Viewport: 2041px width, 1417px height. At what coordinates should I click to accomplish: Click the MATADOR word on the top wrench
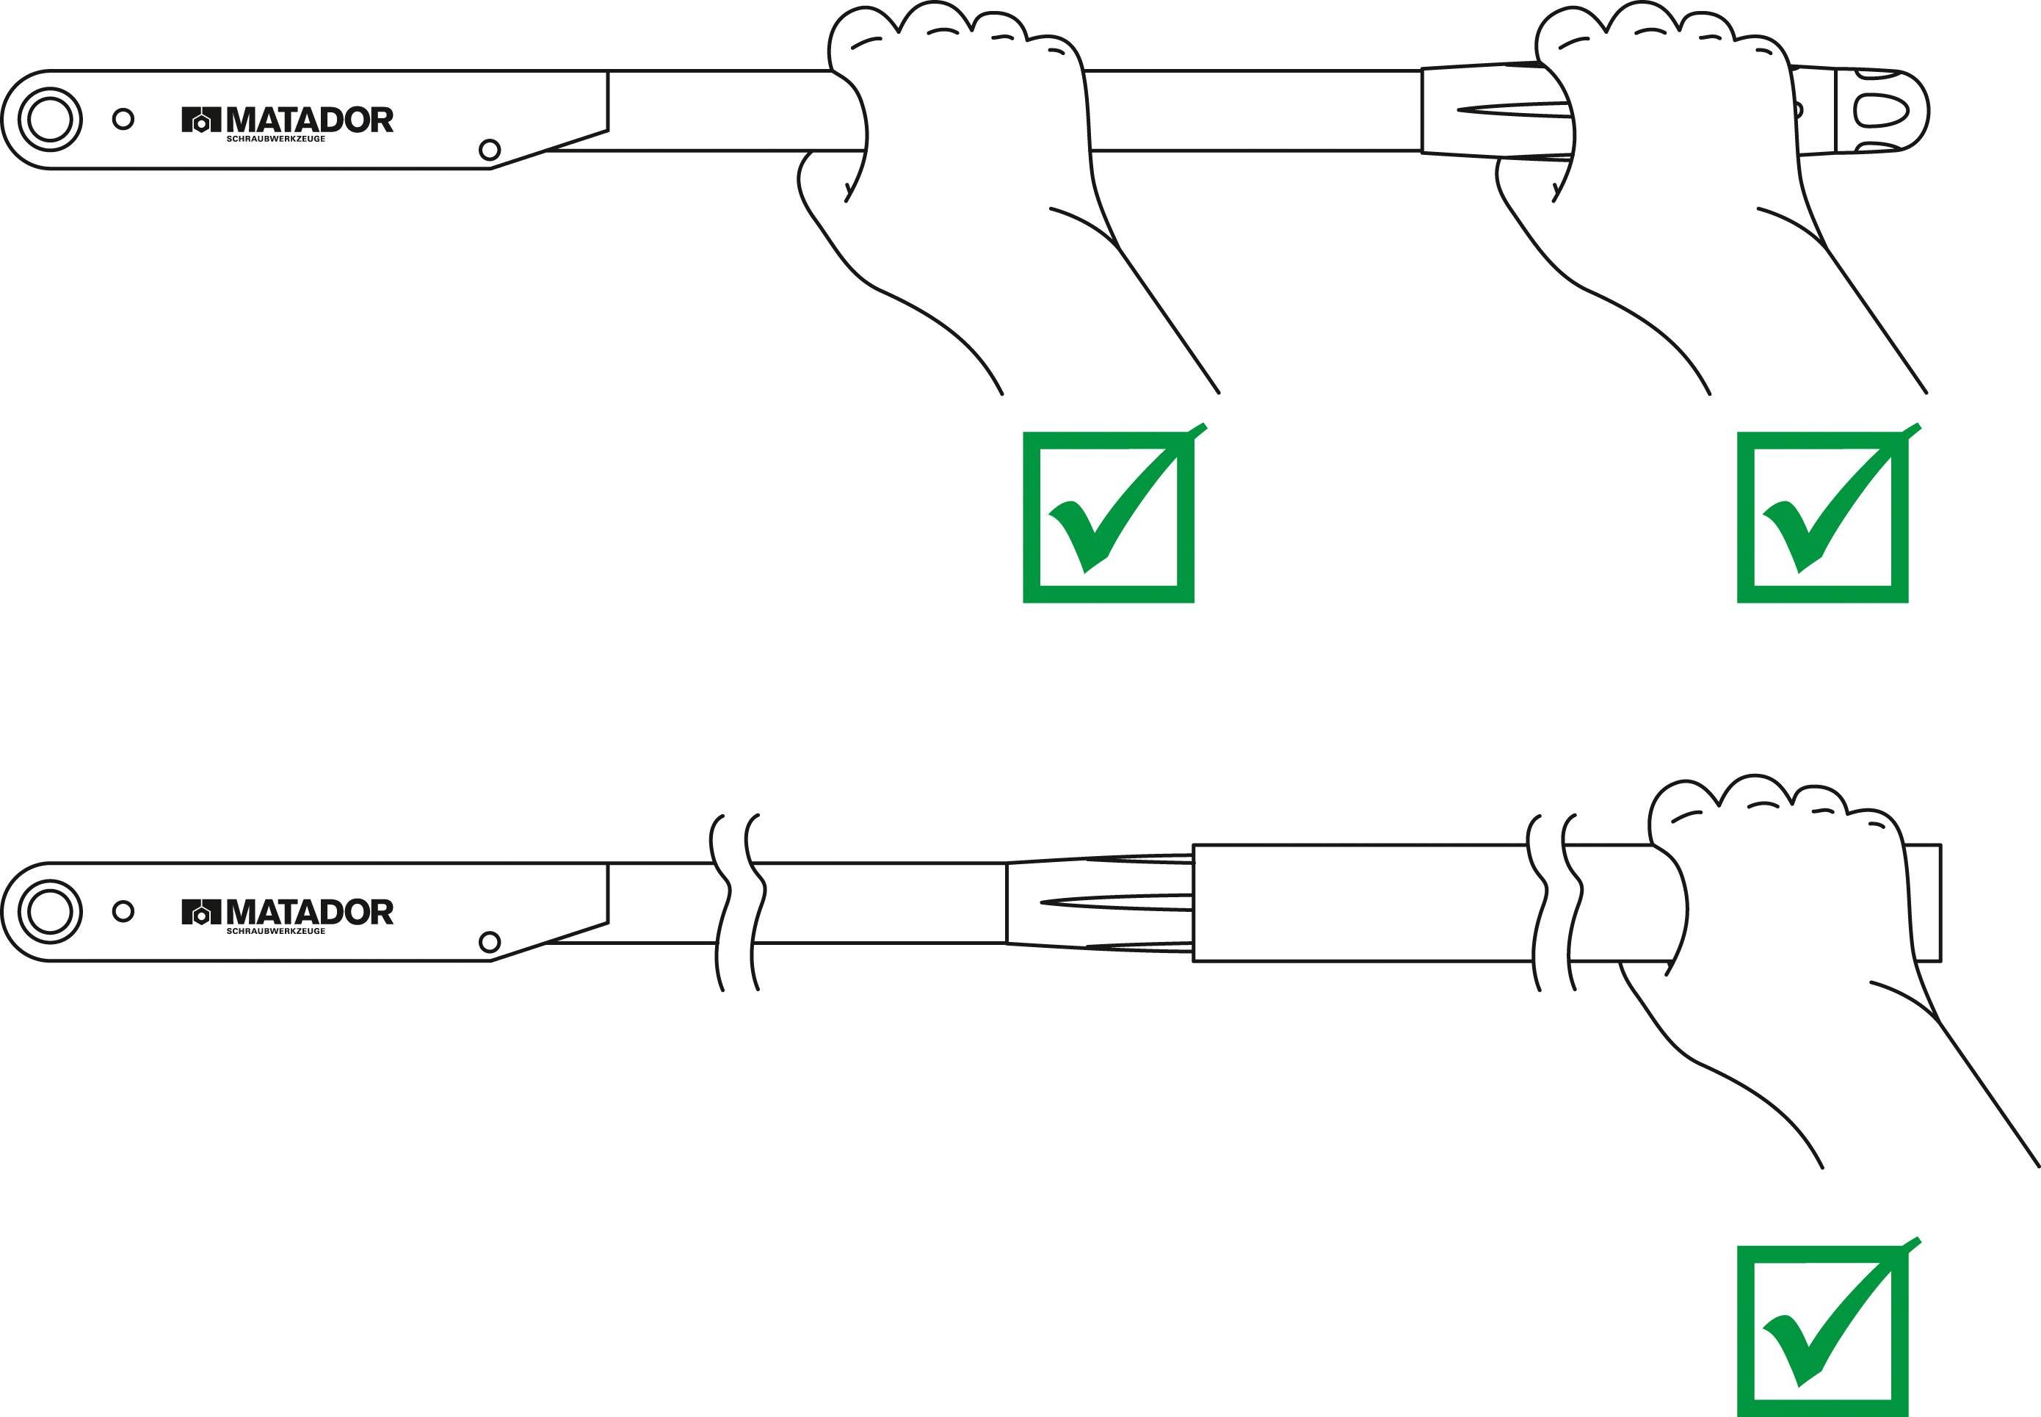click(309, 120)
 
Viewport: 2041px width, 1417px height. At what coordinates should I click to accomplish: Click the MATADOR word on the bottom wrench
click(309, 912)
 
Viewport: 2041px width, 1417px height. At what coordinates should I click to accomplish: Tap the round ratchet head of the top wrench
click(50, 119)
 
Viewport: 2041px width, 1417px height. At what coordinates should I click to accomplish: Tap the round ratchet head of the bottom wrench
click(50, 912)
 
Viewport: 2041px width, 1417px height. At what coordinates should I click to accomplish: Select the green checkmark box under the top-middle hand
click(1108, 518)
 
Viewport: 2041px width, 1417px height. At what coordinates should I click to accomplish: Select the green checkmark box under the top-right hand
click(1823, 518)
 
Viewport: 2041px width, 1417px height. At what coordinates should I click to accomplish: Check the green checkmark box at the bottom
click(1823, 1332)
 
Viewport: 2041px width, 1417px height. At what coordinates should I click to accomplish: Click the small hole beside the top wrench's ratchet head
click(123, 119)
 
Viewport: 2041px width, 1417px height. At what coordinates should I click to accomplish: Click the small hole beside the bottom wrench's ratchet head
click(123, 911)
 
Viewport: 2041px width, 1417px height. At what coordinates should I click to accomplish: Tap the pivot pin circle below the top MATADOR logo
click(489, 150)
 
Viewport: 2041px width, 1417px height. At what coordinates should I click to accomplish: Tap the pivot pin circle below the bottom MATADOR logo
click(489, 942)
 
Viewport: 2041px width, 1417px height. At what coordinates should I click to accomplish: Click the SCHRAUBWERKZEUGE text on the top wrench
click(275, 139)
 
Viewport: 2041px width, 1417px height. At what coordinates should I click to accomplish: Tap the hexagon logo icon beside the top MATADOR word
click(200, 120)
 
